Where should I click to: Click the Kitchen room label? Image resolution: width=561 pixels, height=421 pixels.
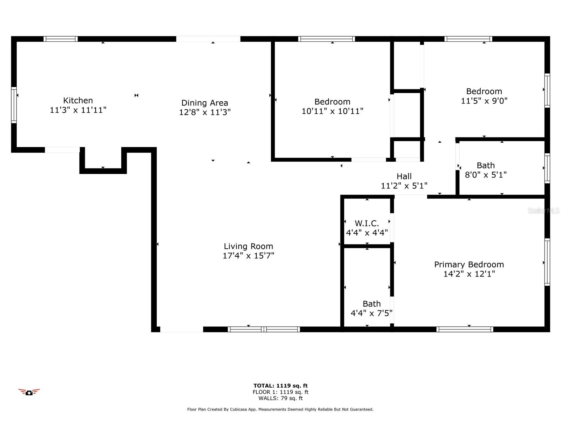(78, 100)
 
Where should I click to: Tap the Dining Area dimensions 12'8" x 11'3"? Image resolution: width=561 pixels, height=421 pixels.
(205, 112)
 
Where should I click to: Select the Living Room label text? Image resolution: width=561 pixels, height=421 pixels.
(249, 246)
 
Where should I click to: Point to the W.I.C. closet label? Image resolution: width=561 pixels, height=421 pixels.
(367, 223)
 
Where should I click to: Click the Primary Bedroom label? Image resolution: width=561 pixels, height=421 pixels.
(469, 265)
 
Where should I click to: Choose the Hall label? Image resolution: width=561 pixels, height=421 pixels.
(404, 176)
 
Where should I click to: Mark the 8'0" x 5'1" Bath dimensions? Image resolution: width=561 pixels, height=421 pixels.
(486, 175)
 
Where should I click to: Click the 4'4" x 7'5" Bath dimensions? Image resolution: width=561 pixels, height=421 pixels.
(371, 313)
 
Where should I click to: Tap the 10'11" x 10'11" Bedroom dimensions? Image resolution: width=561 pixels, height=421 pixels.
(332, 111)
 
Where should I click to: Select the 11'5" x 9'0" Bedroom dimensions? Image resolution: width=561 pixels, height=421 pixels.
(484, 101)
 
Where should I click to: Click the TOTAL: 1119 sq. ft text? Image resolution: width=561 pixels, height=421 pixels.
(280, 386)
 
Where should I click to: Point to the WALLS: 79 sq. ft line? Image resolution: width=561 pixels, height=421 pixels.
(280, 398)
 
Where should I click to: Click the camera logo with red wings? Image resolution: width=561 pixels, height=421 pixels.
(29, 392)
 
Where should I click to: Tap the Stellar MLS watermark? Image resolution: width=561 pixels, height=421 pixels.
(543, 210)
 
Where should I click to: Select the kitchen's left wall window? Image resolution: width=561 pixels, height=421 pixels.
(14, 105)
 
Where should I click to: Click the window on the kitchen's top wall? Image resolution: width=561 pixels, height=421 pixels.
(61, 39)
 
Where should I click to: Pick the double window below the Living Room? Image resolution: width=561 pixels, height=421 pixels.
(264, 329)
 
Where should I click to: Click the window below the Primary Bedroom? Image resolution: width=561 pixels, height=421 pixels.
(465, 329)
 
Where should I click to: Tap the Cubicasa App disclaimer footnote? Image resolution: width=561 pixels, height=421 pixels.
(280, 409)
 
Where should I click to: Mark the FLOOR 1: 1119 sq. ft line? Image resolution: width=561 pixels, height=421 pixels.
(280, 392)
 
